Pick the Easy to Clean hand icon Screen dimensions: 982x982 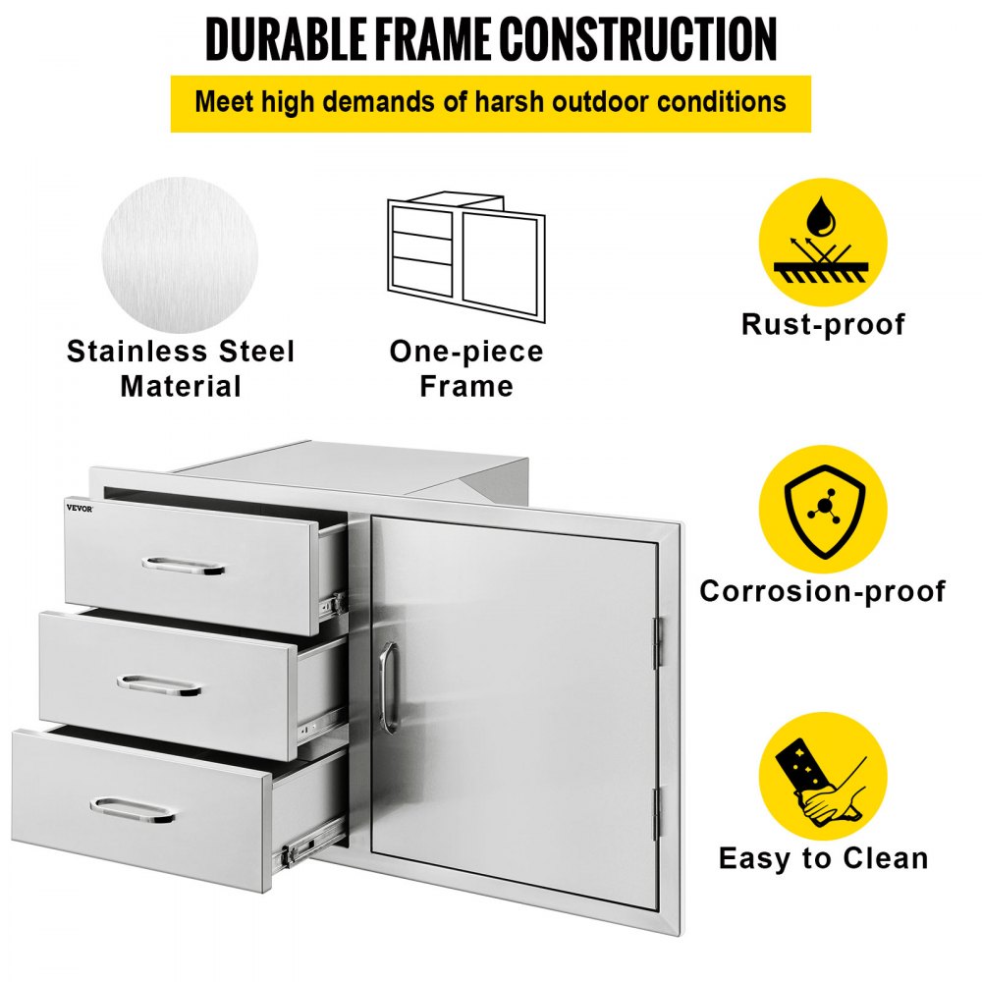(823, 776)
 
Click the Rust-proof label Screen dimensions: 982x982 (823, 324)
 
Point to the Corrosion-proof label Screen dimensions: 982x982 (823, 591)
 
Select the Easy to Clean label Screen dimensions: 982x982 (823, 858)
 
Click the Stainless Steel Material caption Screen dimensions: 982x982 (181, 368)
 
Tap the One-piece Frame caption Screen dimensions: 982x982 (466, 368)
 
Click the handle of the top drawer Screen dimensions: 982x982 (184, 567)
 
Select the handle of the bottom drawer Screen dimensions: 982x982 (133, 810)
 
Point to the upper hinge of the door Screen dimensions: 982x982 (658, 643)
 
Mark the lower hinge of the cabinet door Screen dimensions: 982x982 (657, 814)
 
